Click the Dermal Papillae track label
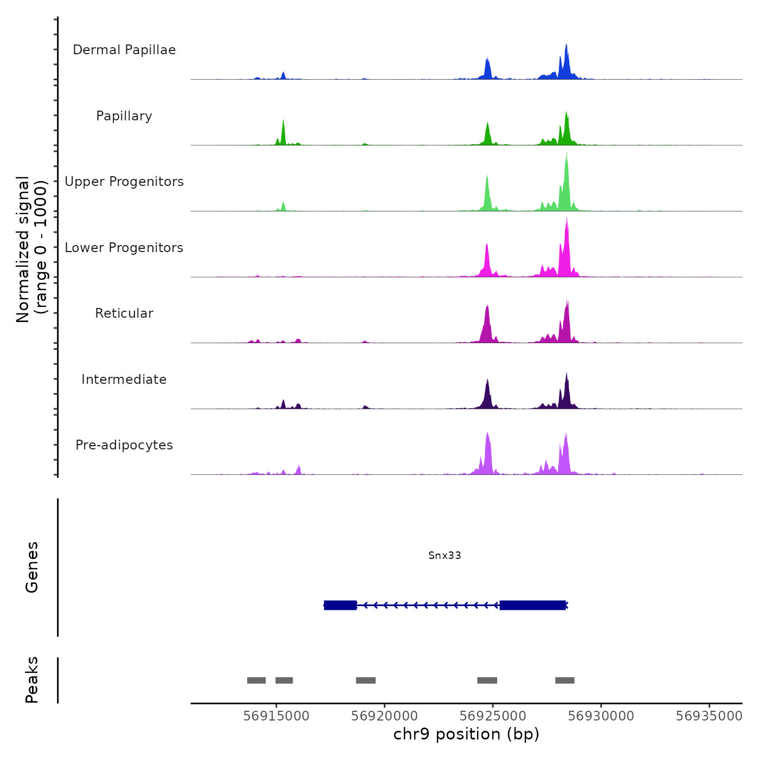point(124,50)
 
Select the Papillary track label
point(124,116)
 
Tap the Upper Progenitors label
point(124,182)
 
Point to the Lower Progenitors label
point(124,248)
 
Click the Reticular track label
point(124,313)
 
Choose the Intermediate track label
point(124,379)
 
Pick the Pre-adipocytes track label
point(124,445)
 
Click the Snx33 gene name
point(445,555)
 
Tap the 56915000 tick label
point(276,716)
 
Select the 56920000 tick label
point(384,716)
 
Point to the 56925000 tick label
point(493,716)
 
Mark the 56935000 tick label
point(709,716)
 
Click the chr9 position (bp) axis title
point(466,734)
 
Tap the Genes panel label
point(32,567)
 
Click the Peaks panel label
point(32,680)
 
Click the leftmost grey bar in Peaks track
point(256,680)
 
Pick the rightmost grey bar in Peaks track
point(564,680)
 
